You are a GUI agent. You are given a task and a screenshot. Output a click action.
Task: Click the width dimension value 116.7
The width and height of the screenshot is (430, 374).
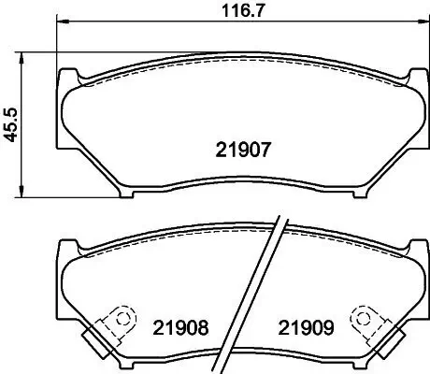pyautogui.click(x=236, y=11)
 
